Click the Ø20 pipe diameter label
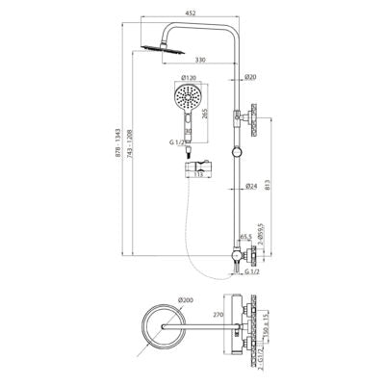(250, 78)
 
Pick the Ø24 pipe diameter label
(250, 185)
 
